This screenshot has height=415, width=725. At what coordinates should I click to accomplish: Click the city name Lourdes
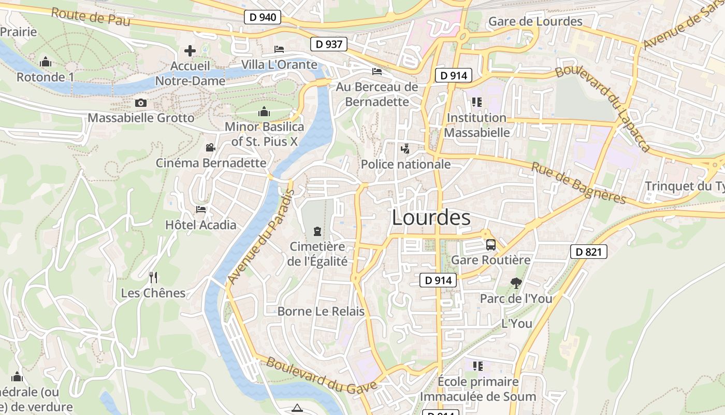click(x=431, y=217)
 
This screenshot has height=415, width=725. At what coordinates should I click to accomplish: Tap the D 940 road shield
click(x=262, y=17)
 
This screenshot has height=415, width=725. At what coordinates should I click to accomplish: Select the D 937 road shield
click(x=328, y=44)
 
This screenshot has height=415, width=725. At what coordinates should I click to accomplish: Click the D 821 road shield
click(x=588, y=252)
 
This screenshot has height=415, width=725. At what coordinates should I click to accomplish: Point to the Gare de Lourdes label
click(x=535, y=21)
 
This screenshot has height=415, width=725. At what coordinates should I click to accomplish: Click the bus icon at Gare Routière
click(x=490, y=244)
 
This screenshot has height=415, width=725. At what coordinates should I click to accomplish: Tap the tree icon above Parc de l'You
click(x=516, y=283)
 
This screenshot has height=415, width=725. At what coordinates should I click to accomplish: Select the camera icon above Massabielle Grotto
click(x=140, y=103)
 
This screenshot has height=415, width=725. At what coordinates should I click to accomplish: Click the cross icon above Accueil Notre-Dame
click(x=190, y=51)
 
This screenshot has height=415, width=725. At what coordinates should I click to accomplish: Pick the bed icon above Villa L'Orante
click(x=279, y=49)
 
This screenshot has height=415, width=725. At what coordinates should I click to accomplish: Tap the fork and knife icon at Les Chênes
click(x=153, y=278)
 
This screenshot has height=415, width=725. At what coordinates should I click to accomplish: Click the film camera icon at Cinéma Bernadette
click(x=210, y=148)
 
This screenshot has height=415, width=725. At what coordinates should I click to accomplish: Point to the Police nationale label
click(x=405, y=164)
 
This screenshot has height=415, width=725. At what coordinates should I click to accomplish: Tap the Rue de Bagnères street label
click(x=579, y=183)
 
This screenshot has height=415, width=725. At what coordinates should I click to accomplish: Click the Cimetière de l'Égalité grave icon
click(x=317, y=231)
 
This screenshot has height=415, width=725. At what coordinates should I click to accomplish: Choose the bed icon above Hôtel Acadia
click(x=201, y=210)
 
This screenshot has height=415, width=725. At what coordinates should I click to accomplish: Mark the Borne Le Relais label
click(x=321, y=311)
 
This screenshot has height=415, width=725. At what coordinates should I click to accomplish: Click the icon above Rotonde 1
click(x=46, y=62)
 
